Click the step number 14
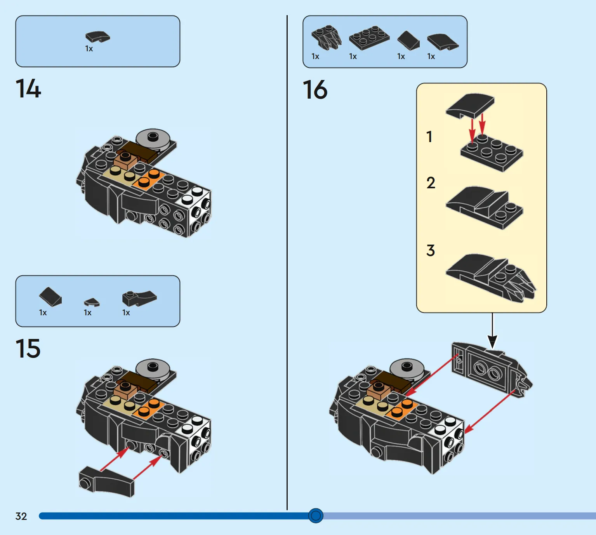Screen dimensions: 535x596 coord(28,89)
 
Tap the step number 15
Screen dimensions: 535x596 coord(28,348)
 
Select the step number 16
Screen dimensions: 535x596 coord(315,90)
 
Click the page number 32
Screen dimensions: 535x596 coord(21,516)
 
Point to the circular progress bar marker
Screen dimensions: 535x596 coord(316,516)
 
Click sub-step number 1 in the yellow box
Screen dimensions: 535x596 coord(429,137)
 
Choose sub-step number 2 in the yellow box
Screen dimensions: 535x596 coord(431,183)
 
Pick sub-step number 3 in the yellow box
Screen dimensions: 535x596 coord(431,250)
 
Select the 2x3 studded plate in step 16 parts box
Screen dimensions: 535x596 coord(369,38)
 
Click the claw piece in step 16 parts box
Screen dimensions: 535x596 coord(327,37)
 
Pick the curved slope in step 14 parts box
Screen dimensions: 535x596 coord(97,37)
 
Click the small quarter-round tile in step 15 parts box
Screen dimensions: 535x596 coord(92,302)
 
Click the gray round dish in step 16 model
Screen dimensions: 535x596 coord(407,368)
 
